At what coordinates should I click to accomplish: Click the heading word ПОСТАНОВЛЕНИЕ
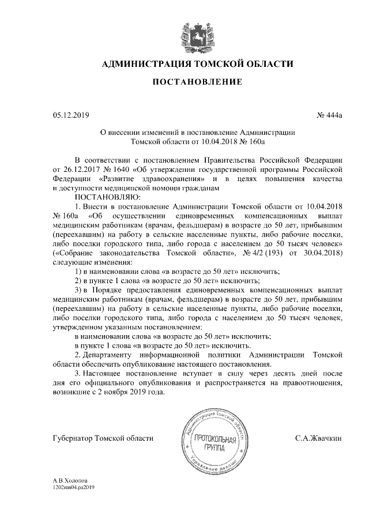(197, 83)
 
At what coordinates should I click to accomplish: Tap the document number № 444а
(330, 116)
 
